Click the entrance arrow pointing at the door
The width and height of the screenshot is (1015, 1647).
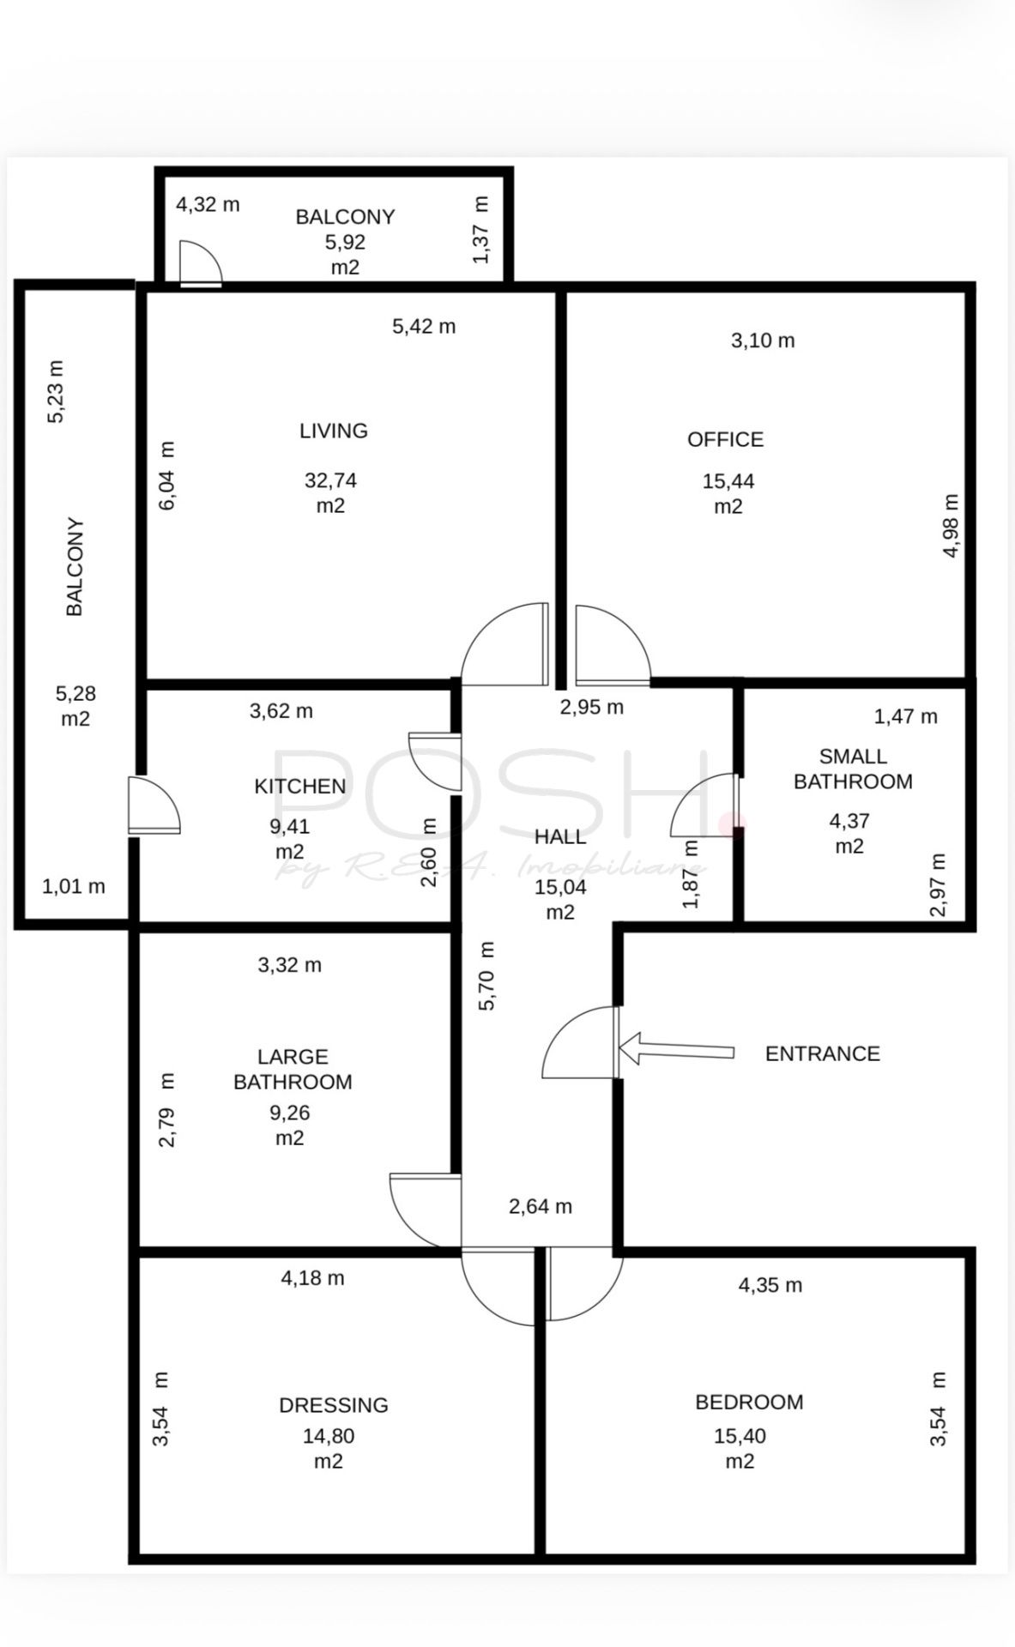pos(676,1048)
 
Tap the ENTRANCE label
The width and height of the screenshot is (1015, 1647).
pos(823,1053)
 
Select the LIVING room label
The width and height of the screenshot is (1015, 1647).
pos(334,431)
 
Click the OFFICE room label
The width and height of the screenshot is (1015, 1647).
pos(725,439)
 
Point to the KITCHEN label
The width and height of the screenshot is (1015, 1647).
pos(300,786)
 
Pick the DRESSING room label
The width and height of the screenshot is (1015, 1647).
pos(334,1405)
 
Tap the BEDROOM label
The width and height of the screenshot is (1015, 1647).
pos(749,1402)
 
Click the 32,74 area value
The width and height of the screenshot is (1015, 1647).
pos(330,480)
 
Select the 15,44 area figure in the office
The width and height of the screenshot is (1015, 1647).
pos(728,481)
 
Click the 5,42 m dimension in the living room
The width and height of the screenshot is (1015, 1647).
pos(424,326)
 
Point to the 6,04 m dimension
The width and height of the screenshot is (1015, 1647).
pos(167,476)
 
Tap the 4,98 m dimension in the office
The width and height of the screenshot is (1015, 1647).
pos(951,526)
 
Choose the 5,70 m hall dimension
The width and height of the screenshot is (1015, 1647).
pos(486,976)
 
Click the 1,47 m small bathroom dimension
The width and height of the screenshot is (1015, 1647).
pos(906,716)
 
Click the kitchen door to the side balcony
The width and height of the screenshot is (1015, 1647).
pos(154,805)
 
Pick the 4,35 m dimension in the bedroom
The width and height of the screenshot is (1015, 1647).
pos(770,1285)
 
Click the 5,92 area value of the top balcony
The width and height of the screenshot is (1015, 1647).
pos(345,242)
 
